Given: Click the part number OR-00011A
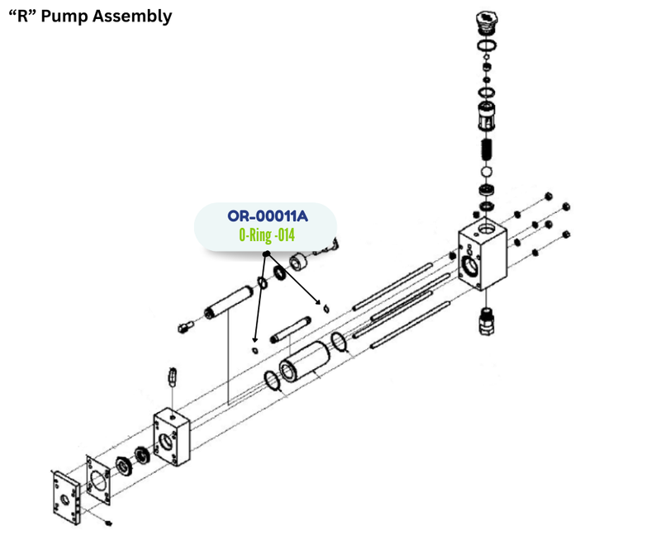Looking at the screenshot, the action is tap(268, 216).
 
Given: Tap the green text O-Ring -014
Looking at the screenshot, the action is tap(267, 234).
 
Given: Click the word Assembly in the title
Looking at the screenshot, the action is tap(132, 17).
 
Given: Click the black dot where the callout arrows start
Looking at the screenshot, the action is tap(266, 254).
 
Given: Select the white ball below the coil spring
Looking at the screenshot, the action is tap(486, 172).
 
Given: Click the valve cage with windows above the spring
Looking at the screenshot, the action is tap(486, 116).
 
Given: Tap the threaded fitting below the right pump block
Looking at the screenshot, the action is tap(486, 321).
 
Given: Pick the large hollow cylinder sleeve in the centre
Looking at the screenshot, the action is tap(304, 362).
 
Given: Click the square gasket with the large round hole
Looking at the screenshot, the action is tap(97, 480).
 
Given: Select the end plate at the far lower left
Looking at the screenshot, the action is tap(66, 498).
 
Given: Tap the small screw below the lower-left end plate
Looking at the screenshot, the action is tap(108, 523).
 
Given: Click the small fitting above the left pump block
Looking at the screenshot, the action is tap(172, 376).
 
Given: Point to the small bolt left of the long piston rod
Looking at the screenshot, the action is tap(185, 327).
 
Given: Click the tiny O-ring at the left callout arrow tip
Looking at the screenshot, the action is tap(254, 350).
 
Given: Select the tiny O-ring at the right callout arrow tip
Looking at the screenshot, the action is tap(326, 310).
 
